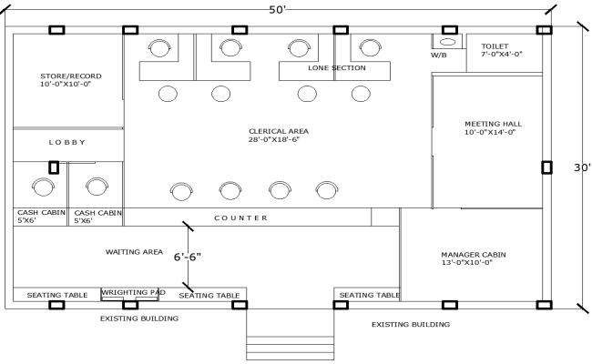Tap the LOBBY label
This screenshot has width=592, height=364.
click(67, 142)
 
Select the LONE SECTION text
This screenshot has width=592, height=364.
click(336, 68)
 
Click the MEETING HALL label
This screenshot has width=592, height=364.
click(493, 127)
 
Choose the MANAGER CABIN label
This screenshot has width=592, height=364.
click(473, 258)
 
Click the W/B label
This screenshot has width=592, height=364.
click(439, 55)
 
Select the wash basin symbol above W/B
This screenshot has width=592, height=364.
click(447, 42)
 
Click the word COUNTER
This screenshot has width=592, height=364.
click(240, 218)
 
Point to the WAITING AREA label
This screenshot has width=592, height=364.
click(134, 251)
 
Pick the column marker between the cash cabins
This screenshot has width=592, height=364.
click(54, 167)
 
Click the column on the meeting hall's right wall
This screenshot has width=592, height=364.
click(546, 167)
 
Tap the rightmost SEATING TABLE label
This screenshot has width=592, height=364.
click(368, 295)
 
